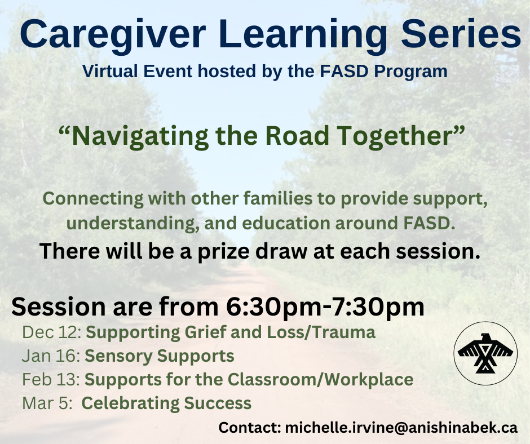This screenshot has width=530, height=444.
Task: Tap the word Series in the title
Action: (x=461, y=33)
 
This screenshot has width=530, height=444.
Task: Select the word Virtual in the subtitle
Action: (x=110, y=72)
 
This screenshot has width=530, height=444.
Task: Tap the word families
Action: (x=278, y=198)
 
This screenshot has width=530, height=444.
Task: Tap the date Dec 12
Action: (x=51, y=332)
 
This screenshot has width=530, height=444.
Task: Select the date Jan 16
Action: (x=51, y=356)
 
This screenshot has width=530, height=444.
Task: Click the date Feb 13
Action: (x=51, y=380)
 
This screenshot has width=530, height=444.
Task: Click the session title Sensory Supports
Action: (x=159, y=357)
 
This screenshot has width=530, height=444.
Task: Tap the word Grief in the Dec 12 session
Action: (x=205, y=332)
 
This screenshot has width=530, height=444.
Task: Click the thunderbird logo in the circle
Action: (x=485, y=353)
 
